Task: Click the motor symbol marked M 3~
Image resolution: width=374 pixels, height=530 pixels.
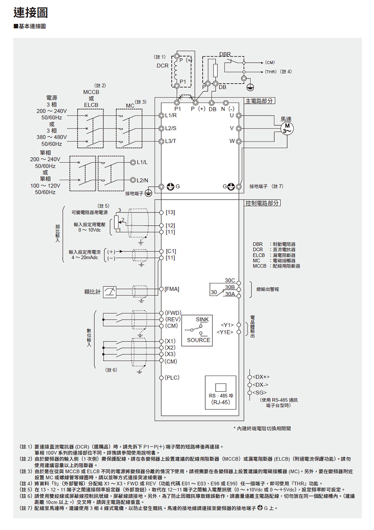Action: click(x=287, y=128)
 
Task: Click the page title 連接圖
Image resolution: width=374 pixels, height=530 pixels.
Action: click(x=30, y=13)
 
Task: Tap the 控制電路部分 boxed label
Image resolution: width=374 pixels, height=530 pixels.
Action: click(x=263, y=203)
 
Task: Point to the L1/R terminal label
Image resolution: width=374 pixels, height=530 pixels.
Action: click(x=171, y=115)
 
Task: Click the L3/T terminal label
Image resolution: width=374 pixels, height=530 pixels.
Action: click(x=170, y=141)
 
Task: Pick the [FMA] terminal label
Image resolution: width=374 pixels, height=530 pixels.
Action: click(x=172, y=288)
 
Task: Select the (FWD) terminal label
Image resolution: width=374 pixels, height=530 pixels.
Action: click(x=173, y=312)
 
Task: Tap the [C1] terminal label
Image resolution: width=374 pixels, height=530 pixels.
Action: click(x=171, y=251)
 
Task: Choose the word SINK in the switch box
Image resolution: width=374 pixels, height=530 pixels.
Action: click(x=202, y=320)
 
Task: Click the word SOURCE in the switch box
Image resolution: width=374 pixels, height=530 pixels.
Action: click(x=199, y=340)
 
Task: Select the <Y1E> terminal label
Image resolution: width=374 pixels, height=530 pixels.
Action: click(x=225, y=332)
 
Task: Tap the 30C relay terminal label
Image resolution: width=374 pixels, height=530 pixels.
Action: click(x=230, y=281)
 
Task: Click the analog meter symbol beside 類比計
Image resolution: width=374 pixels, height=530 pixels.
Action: click(x=111, y=292)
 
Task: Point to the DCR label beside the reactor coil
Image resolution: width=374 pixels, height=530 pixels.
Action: click(x=162, y=66)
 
